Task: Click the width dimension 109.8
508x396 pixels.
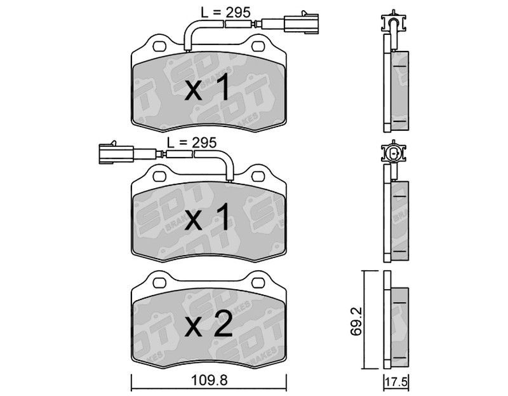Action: pos(210,379)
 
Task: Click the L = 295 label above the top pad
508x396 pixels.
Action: pos(225,13)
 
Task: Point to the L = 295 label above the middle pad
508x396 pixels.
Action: pos(192,142)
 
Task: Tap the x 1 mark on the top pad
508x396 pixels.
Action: pos(208,88)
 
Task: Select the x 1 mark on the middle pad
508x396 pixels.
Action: pos(208,217)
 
